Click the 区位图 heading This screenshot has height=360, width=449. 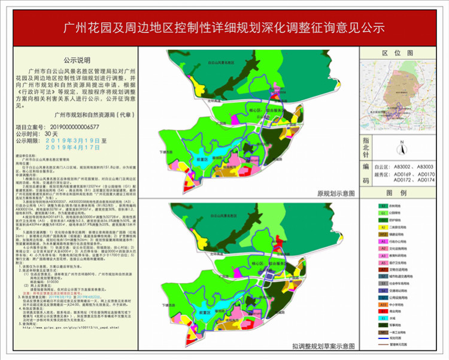(403, 53)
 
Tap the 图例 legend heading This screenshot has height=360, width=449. (403, 193)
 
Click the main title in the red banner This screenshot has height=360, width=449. (224, 28)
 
